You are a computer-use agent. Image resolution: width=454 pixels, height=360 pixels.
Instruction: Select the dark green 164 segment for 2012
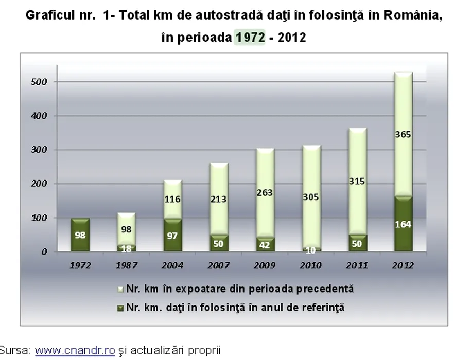[403, 224]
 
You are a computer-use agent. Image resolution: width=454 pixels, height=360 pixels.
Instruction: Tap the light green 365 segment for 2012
[403, 135]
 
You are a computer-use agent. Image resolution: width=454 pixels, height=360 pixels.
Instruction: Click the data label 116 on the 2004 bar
[172, 199]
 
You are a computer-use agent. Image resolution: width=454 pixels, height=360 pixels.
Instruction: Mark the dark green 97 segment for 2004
[172, 236]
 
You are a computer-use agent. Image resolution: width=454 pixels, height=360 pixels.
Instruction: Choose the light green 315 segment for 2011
[357, 181]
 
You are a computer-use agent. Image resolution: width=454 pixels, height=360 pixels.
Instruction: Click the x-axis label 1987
[127, 265]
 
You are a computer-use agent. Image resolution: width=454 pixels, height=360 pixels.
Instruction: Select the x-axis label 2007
[218, 265]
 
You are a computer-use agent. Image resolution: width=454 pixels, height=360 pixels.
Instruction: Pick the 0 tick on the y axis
[45, 252]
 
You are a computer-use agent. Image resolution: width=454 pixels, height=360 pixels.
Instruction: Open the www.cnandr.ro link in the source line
[75, 351]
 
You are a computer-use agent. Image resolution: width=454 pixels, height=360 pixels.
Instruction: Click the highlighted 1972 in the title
[250, 38]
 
